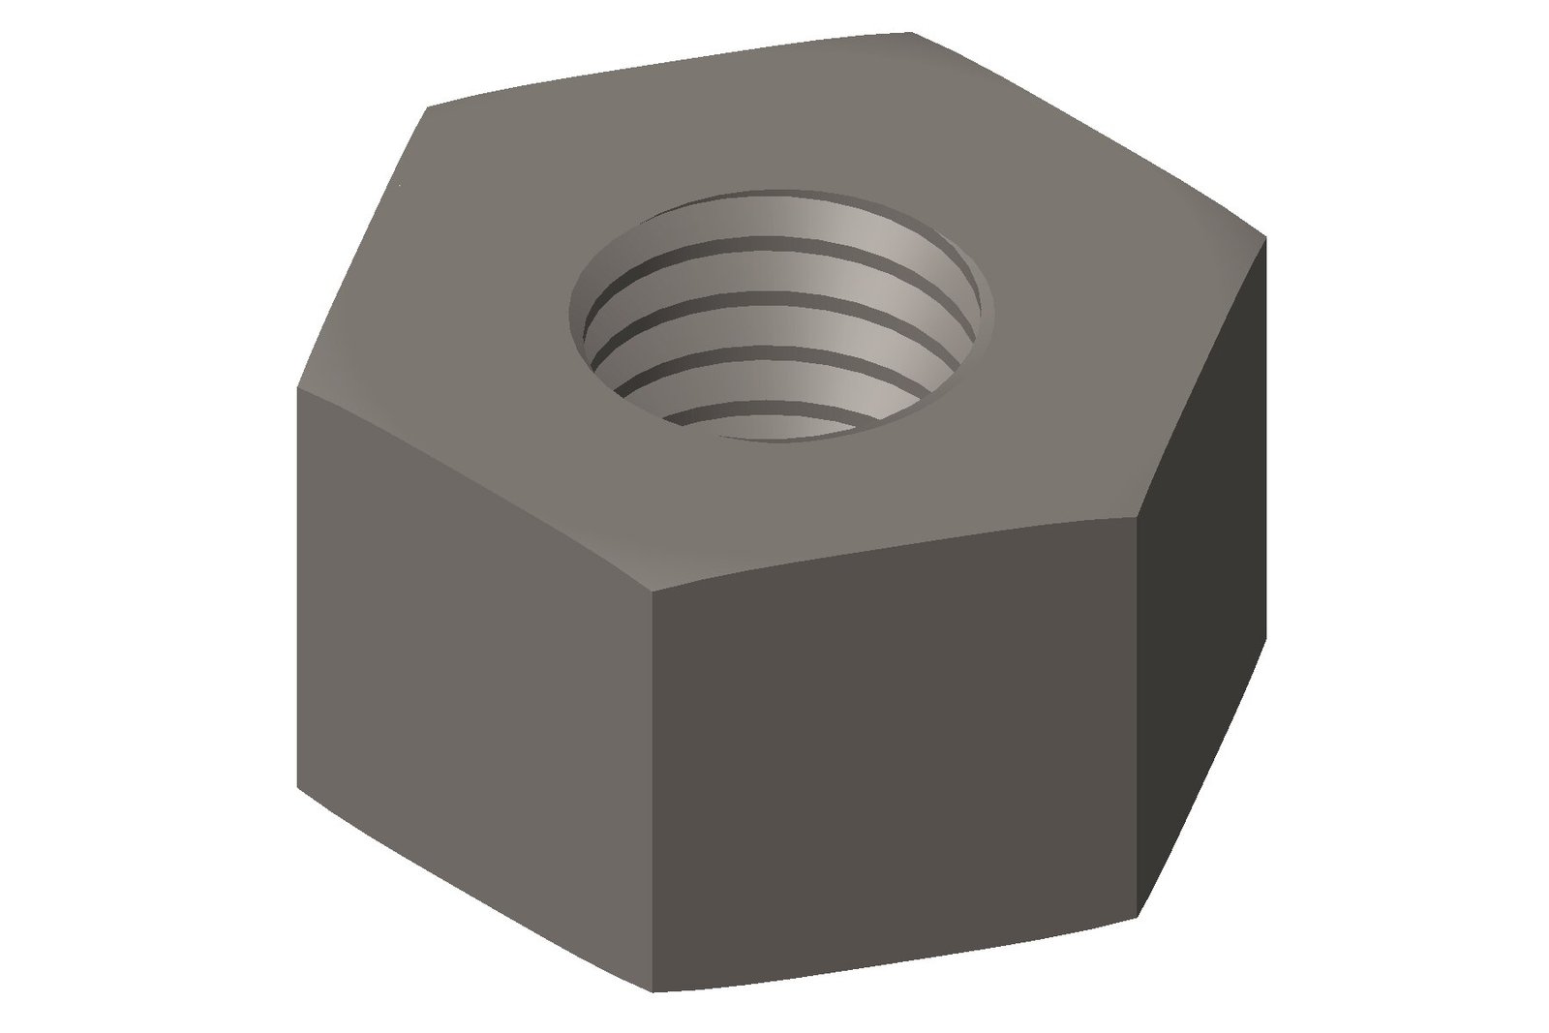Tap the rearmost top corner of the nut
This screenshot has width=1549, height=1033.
click(914, 34)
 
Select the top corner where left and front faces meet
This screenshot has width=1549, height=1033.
click(651, 589)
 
